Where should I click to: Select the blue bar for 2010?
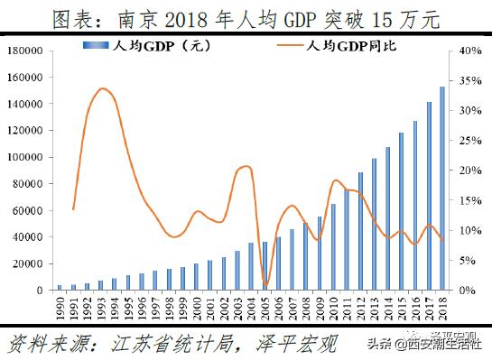pos(333,247)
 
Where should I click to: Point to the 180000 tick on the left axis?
pos(31,51)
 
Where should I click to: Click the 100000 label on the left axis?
pos(31,157)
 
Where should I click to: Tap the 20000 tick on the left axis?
pos(33,263)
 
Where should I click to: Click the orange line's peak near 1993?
pos(102,88)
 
